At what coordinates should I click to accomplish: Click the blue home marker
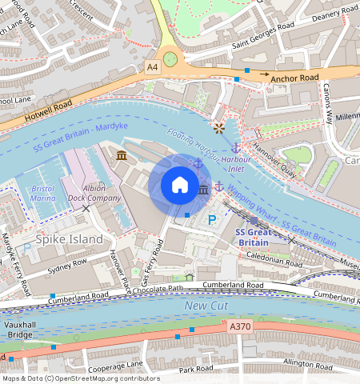click(180, 185)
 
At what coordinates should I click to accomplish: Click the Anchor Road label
click(294, 78)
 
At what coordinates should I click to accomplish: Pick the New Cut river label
click(206, 306)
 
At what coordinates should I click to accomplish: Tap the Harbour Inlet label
click(236, 162)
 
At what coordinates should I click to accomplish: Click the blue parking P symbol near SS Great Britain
click(212, 221)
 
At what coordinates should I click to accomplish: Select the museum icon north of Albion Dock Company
click(121, 154)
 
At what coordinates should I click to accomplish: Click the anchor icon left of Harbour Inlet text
click(235, 147)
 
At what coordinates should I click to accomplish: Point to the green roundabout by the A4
click(170, 58)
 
